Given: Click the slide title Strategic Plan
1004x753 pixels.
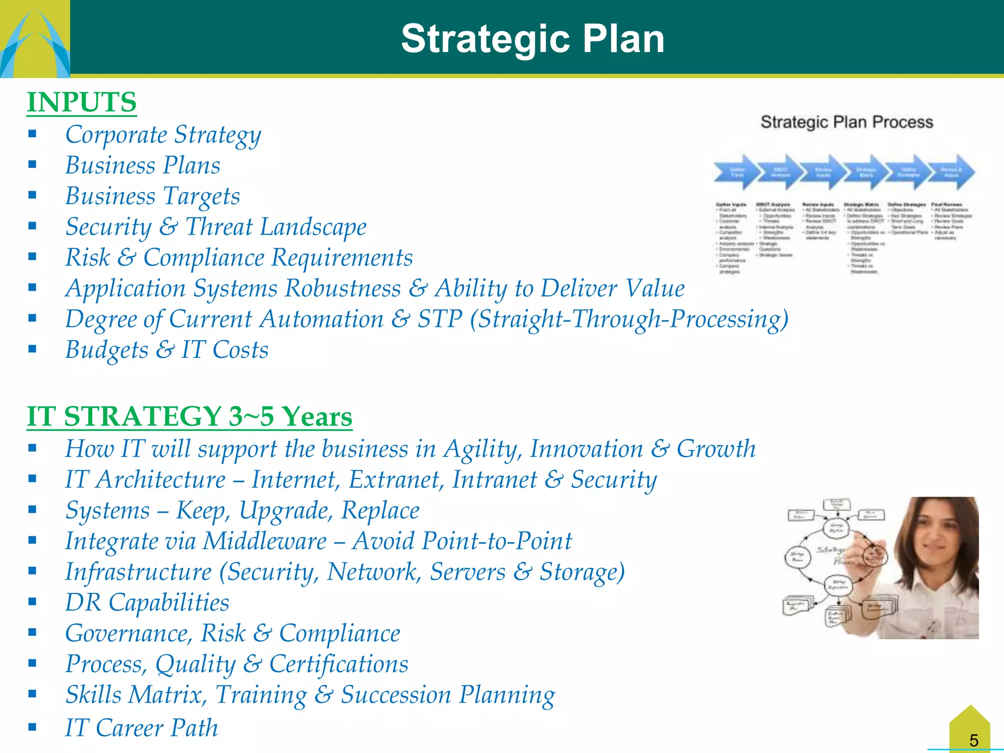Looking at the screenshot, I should pos(532,39).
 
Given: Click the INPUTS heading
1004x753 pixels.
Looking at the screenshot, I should pos(81,102).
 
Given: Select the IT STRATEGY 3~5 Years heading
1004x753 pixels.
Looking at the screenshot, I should pos(189,417).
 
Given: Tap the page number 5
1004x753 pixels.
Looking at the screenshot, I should pos(974,740).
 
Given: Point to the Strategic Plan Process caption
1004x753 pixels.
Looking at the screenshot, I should pos(847,122).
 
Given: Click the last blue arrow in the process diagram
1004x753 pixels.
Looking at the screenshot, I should pos(952,173).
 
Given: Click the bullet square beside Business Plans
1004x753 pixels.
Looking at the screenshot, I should pos(32,165).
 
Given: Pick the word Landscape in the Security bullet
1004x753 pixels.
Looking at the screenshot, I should pos(313,227).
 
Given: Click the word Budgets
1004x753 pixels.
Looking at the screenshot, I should pos(106,350).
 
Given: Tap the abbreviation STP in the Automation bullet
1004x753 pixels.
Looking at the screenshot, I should pos(440,319).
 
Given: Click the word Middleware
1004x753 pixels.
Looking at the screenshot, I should pos(265,541).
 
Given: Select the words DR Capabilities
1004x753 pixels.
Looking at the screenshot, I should pos(147,602).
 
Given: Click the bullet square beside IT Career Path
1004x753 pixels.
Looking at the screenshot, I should pos(32,727).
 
